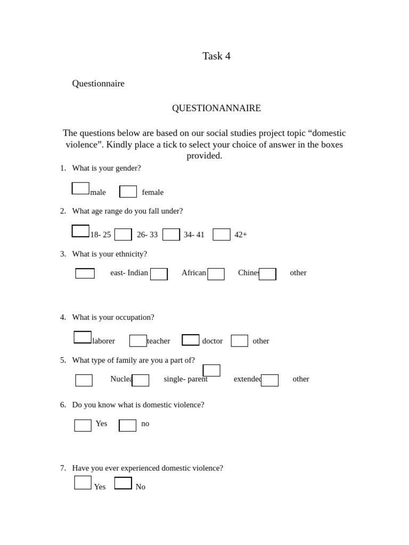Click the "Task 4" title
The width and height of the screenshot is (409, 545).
pyautogui.click(x=216, y=56)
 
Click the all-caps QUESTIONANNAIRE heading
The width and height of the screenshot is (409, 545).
pyautogui.click(x=216, y=108)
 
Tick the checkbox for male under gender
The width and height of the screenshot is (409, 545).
pyautogui.click(x=80, y=188)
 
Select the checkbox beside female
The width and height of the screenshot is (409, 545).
pyautogui.click(x=128, y=192)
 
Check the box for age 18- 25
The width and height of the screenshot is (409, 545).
pyautogui.click(x=80, y=231)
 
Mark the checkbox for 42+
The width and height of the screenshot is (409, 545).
pyautogui.click(x=222, y=235)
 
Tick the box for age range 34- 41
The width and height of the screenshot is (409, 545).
pyautogui.click(x=171, y=235)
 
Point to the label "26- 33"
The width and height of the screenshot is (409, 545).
pyautogui.click(x=147, y=235)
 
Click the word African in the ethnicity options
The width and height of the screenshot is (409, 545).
pyautogui.click(x=194, y=272)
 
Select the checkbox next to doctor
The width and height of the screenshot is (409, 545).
pyautogui.click(x=191, y=340)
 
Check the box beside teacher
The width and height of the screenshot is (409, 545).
pyautogui.click(x=138, y=341)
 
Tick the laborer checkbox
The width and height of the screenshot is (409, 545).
pyautogui.click(x=83, y=337)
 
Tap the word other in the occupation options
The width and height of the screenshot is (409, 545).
pyautogui.click(x=261, y=341)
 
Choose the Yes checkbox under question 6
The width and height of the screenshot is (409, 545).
pyautogui.click(x=83, y=425)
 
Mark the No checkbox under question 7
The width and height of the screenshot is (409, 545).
pyautogui.click(x=123, y=483)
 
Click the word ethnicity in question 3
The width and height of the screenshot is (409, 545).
pyautogui.click(x=131, y=254)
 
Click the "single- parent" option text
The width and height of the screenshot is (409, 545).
pyautogui.click(x=185, y=379)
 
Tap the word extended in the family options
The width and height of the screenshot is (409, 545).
pyautogui.click(x=248, y=379)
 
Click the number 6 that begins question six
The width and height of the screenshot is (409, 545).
pyautogui.click(x=63, y=404)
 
